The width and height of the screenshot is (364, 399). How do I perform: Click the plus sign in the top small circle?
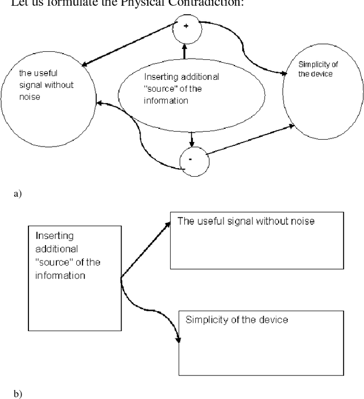(x=185, y=27)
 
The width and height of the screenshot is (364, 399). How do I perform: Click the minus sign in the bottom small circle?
(x=190, y=158)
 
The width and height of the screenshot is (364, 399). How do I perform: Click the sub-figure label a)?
(x=16, y=194)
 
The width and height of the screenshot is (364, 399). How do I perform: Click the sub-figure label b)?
(x=16, y=393)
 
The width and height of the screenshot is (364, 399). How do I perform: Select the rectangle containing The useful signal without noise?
(x=257, y=240)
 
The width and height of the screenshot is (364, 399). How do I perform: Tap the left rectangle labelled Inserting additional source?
(x=74, y=278)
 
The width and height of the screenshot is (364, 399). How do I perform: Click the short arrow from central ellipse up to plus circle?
(x=184, y=51)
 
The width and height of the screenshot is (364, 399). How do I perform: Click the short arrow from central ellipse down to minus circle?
(x=192, y=139)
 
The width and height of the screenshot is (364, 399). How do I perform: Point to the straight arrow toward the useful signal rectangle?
(x=145, y=251)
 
